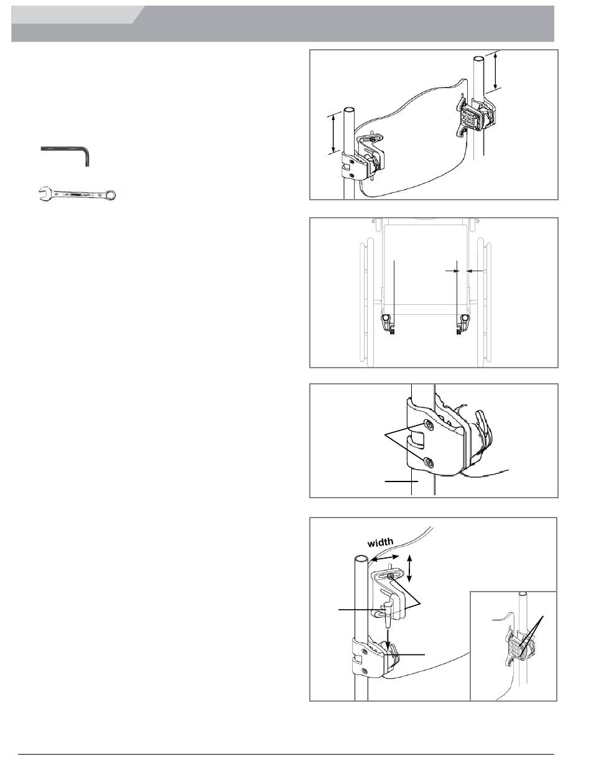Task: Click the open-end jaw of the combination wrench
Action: (44, 194)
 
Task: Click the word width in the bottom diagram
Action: (380, 542)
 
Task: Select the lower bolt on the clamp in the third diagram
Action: (429, 462)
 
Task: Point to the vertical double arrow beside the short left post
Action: (333, 134)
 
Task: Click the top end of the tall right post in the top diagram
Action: (478, 58)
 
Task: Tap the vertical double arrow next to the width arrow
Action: (409, 568)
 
